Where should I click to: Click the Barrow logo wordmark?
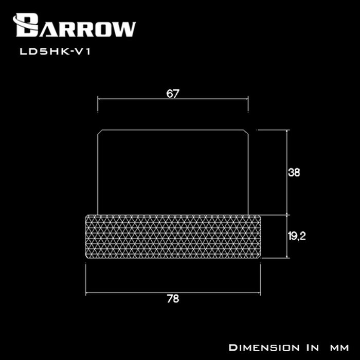(x=75, y=25)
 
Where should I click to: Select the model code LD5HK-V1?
(x=56, y=51)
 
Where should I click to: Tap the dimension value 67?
(x=173, y=94)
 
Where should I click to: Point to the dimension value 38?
(x=294, y=172)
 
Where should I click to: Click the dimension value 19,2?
(x=297, y=236)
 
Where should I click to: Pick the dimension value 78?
(x=173, y=299)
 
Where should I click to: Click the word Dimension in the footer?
(x=264, y=348)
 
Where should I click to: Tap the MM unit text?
(x=339, y=348)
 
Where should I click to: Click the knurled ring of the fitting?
(x=173, y=237)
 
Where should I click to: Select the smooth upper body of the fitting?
(x=173, y=172)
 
